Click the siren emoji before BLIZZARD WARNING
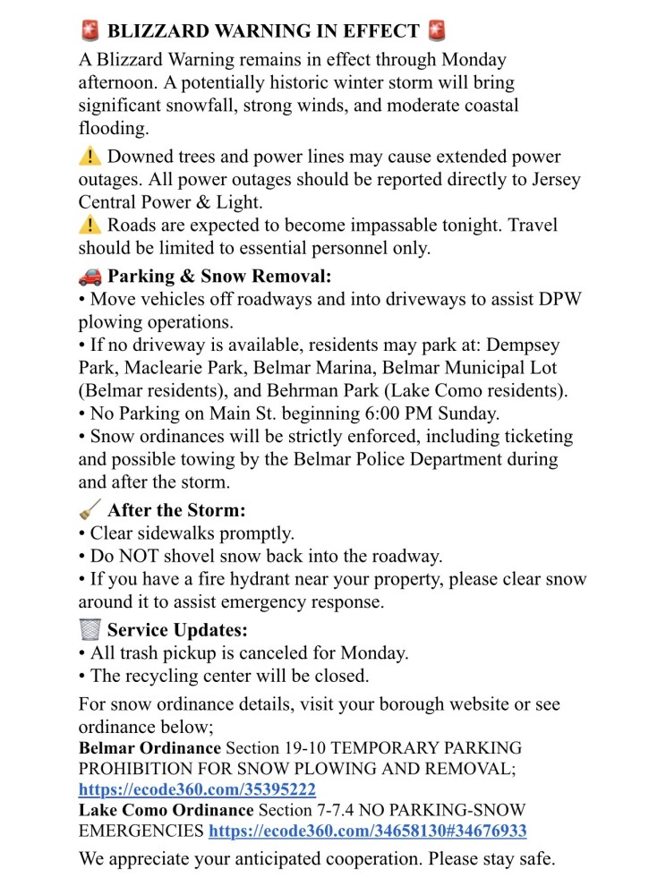pyautogui.click(x=89, y=31)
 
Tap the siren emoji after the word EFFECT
pyautogui.click(x=437, y=31)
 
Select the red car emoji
pyautogui.click(x=90, y=276)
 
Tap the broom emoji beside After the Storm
pyautogui.click(x=90, y=510)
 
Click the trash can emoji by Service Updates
pyautogui.click(x=90, y=629)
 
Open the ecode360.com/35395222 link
pyautogui.click(x=197, y=790)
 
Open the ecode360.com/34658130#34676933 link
pyautogui.click(x=367, y=831)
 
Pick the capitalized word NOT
pyautogui.click(x=132, y=556)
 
